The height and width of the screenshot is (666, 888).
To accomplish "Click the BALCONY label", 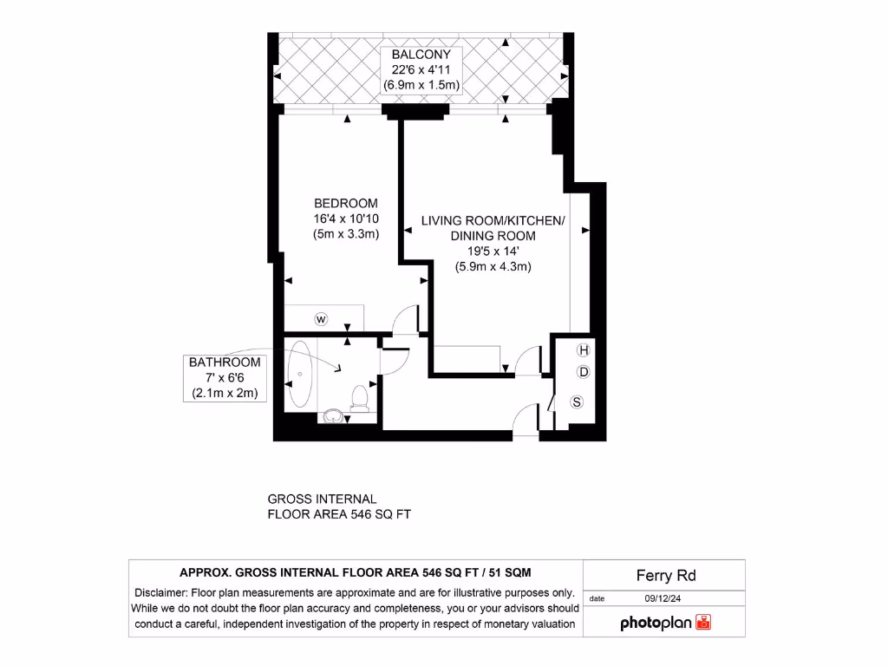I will (x=421, y=55).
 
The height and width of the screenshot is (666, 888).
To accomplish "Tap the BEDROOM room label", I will (x=346, y=203).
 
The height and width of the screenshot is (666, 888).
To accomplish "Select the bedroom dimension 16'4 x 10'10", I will (x=346, y=219).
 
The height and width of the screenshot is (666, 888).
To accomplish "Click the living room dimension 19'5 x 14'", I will (x=493, y=251).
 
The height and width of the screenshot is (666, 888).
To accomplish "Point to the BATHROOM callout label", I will (x=225, y=362).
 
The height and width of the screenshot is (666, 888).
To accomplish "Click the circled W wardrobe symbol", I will (x=321, y=319).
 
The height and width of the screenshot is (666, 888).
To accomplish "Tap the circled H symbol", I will (x=584, y=351).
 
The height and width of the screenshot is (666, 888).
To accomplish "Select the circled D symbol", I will (x=584, y=373).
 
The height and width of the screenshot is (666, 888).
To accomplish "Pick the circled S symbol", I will (x=577, y=402).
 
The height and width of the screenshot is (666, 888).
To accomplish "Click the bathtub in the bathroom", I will (x=301, y=374).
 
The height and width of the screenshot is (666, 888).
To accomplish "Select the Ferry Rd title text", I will (x=666, y=575).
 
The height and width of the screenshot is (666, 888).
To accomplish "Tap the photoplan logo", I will (x=664, y=623).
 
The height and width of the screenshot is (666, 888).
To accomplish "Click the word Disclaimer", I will (x=161, y=593).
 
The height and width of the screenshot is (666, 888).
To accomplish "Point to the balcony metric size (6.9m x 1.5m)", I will (x=421, y=86).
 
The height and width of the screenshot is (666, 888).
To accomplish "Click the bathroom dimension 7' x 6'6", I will (x=225, y=378).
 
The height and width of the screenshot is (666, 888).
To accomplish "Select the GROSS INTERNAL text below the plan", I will (x=322, y=499).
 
